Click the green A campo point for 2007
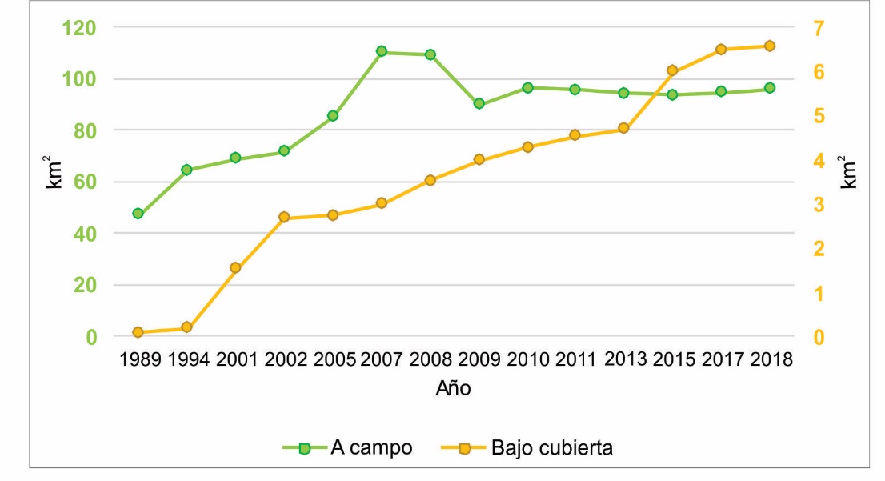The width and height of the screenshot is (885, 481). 382,52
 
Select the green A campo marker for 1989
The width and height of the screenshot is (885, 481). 138,214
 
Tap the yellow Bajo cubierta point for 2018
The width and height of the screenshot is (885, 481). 769,46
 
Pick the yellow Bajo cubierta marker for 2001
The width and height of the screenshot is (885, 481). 235,268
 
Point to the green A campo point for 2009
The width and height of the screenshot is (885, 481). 479,103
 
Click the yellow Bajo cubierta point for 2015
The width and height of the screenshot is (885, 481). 672,70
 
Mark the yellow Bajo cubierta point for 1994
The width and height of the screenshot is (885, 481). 186,327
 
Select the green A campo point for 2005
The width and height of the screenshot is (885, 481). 333,116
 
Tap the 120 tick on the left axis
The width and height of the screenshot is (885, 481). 79,28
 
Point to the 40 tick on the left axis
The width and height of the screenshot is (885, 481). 85,234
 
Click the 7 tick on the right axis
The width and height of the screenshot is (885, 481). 819,28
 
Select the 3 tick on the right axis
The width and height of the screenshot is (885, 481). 819,205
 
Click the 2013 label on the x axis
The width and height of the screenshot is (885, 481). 625,359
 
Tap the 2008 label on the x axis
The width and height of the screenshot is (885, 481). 431,359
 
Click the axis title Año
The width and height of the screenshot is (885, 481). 453,390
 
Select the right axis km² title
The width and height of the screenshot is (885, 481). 850,171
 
